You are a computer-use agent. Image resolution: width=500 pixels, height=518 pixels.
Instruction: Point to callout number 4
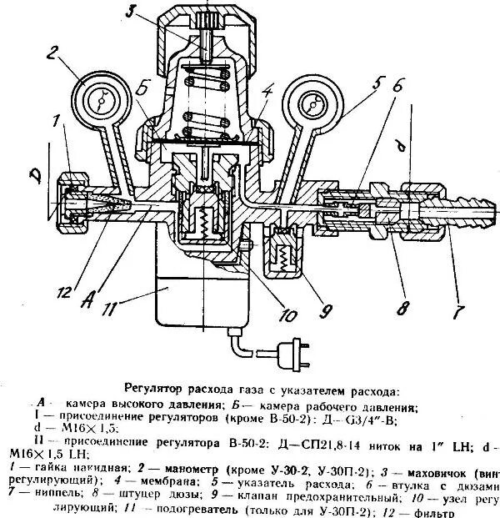pyautogui.click(x=267, y=91)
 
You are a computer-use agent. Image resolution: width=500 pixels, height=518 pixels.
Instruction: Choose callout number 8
pyautogui.click(x=402, y=309)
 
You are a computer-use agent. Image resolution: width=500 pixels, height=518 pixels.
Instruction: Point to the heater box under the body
pyautogui.click(x=200, y=296)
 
